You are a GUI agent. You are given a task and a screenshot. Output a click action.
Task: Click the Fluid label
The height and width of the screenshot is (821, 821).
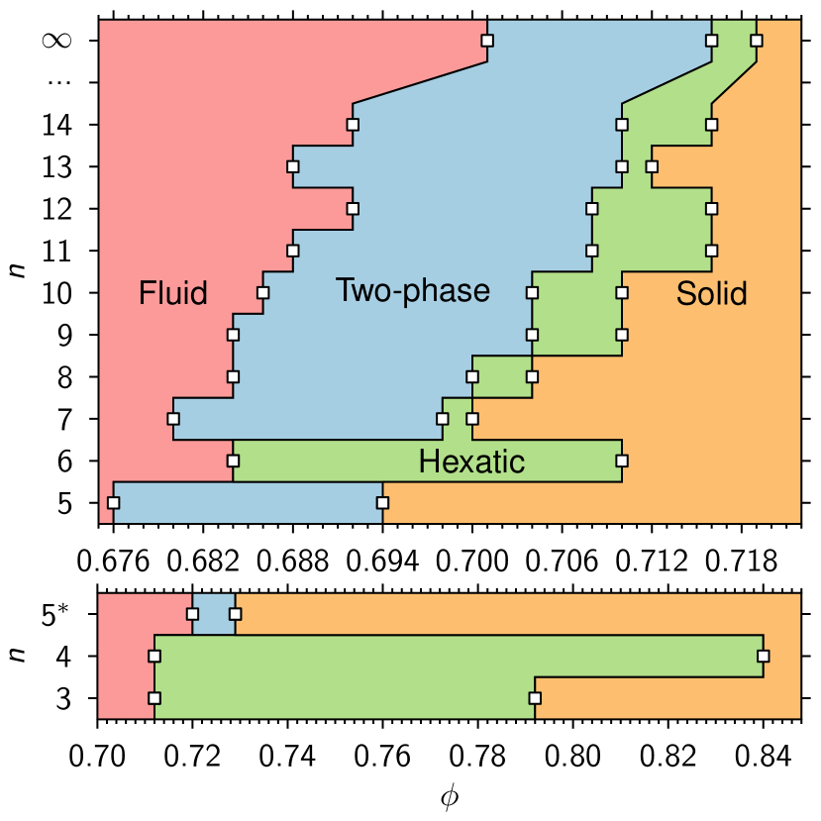pos(173,294)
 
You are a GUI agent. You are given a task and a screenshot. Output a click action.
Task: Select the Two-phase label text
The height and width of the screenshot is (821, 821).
pos(412,291)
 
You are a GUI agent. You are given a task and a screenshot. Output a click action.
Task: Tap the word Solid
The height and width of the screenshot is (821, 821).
pos(711,294)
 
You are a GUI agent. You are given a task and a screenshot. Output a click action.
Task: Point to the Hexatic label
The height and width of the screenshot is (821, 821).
pos(471,462)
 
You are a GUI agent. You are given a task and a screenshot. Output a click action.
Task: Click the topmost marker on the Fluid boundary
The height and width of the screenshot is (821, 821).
pos(487,41)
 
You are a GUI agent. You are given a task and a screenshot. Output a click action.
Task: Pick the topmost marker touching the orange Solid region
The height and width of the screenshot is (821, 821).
pos(757,41)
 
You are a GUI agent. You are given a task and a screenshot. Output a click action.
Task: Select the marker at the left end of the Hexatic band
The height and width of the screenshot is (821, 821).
pos(234,461)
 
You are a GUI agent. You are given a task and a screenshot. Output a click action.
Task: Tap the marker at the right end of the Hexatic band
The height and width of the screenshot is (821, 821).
pos(622,461)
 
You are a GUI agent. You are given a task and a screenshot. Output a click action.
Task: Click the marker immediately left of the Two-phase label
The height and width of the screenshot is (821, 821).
pos(263,292)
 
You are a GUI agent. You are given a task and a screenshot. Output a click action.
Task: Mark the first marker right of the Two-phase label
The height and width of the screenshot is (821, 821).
pos(533,292)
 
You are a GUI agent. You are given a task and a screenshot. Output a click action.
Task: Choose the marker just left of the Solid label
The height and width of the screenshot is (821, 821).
pos(622,292)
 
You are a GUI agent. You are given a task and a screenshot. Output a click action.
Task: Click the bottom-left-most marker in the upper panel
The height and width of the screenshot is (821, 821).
pos(114,502)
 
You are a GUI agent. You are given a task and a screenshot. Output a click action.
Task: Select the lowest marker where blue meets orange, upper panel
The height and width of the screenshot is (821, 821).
pos(382,502)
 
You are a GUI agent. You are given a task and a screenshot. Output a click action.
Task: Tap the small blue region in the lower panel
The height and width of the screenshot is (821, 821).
pos(214,615)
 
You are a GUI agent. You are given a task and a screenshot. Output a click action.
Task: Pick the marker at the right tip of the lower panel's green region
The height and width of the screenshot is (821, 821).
pos(763,656)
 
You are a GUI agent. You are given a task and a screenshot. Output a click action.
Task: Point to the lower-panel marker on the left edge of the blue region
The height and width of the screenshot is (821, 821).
pos(192,614)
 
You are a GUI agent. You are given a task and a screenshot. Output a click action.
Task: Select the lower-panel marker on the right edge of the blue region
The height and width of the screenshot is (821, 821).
pos(236,614)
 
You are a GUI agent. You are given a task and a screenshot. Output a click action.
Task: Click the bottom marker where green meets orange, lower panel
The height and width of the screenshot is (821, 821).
pos(535,698)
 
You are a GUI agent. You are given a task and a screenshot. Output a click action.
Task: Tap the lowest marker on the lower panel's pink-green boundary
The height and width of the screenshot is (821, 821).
pos(154,698)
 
